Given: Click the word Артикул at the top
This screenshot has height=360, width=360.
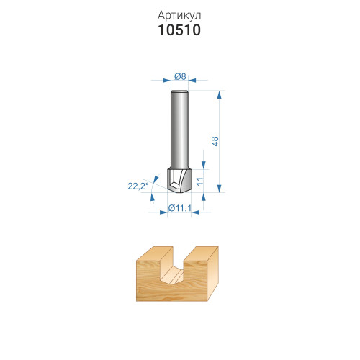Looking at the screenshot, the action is [x=179, y=15].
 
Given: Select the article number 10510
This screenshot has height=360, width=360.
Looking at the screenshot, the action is [x=179, y=30].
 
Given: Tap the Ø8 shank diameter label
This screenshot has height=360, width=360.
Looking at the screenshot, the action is [x=180, y=76].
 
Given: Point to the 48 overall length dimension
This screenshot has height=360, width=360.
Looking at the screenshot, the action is [x=215, y=141].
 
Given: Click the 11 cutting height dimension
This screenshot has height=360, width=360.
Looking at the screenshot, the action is [x=199, y=181].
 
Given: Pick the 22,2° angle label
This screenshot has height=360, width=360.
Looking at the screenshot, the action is [x=138, y=186].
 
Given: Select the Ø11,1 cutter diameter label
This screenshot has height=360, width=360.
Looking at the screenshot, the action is [x=180, y=208].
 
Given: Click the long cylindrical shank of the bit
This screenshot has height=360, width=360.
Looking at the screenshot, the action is [x=179, y=130].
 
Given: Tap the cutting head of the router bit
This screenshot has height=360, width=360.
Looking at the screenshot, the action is [x=179, y=180].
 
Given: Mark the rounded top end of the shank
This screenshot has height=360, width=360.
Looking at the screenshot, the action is [x=179, y=91].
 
